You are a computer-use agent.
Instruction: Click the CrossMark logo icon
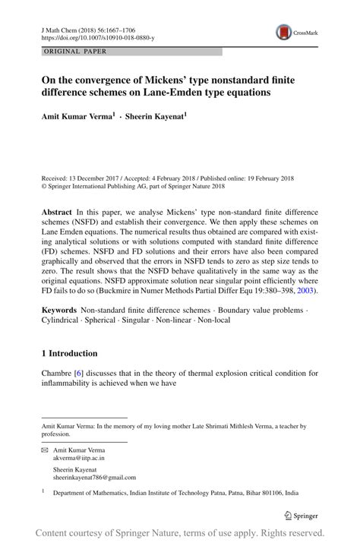coord(285,31)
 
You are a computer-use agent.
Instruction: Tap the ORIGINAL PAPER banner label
coord(74,52)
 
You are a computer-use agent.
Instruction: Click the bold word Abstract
coord(58,213)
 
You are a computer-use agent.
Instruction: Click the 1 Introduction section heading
coord(69,353)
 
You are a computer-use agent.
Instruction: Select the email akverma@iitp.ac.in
coord(79,459)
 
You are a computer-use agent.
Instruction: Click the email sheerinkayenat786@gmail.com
coord(94,478)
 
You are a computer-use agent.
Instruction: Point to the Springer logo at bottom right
coord(300,515)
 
